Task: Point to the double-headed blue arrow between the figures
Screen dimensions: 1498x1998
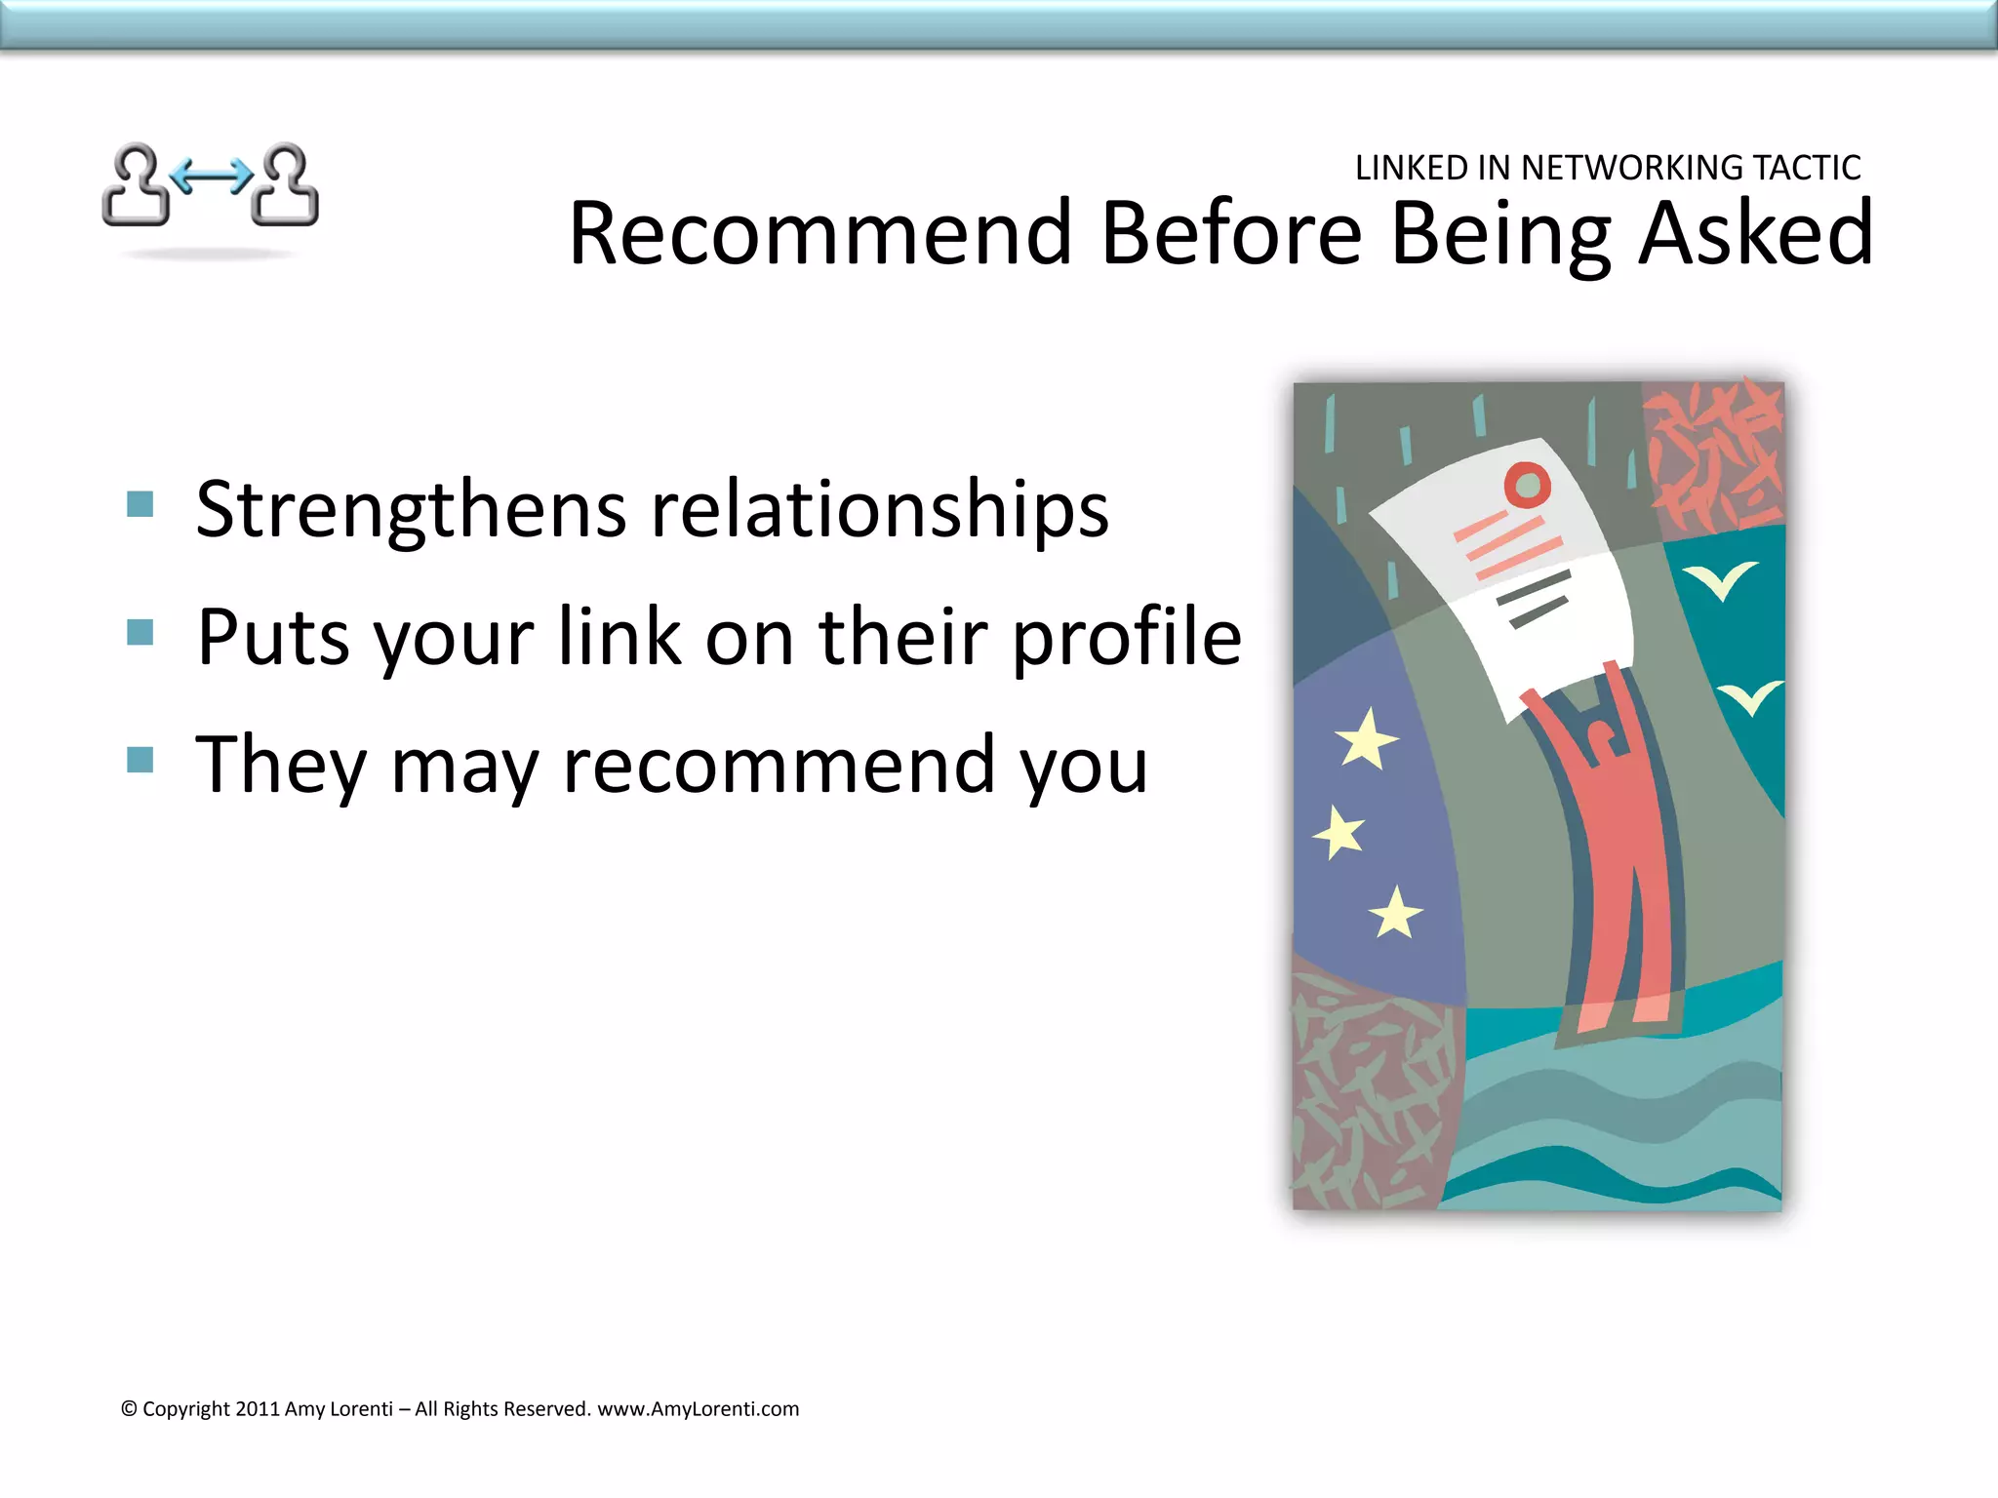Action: pyautogui.click(x=211, y=177)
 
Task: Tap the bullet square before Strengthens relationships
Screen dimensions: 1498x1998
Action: pyautogui.click(x=140, y=504)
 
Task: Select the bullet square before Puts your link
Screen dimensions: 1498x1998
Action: pyautogui.click(x=140, y=632)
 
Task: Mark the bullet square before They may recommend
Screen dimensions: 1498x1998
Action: pyautogui.click(x=140, y=760)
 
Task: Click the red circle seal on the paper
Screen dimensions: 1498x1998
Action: pyautogui.click(x=1527, y=485)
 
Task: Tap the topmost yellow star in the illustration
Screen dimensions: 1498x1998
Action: pyautogui.click(x=1366, y=739)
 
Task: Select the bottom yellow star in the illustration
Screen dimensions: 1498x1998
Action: pyautogui.click(x=1395, y=914)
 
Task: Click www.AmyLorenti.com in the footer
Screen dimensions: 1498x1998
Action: pyautogui.click(x=698, y=1409)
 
